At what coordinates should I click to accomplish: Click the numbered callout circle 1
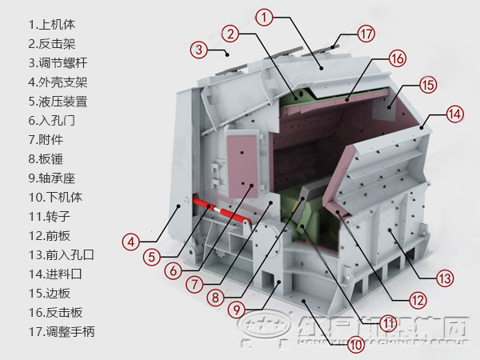point(265,15)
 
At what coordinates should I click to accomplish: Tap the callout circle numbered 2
point(230,34)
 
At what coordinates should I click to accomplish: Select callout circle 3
point(198,49)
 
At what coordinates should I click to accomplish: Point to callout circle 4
point(132,239)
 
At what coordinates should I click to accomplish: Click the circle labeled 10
point(355,345)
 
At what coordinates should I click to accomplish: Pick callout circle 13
point(445,278)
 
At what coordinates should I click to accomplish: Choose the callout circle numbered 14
point(454,114)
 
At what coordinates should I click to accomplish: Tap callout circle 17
point(366,34)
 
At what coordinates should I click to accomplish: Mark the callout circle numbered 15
point(427,84)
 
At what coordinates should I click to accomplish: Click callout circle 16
point(398,58)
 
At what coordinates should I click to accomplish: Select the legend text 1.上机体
point(53,25)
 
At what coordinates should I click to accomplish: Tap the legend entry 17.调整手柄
point(62,331)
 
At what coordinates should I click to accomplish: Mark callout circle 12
point(416,301)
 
